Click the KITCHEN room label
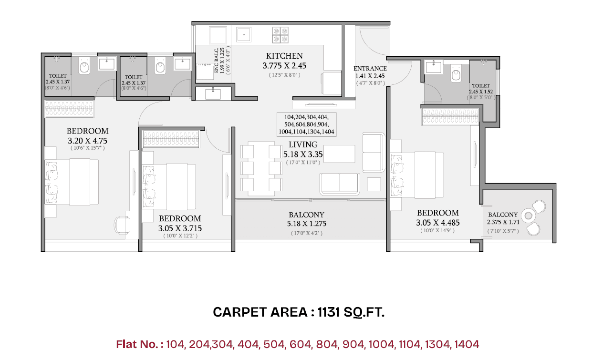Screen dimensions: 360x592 point(284,56)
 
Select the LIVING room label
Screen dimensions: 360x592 point(303,144)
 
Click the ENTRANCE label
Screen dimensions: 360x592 point(370,68)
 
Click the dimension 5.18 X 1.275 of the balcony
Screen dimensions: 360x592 point(307,224)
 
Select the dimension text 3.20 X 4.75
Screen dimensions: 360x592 point(87,140)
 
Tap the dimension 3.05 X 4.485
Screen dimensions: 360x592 point(437,222)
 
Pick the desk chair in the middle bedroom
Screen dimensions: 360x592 point(122,224)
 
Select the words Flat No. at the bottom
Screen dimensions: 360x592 point(140,344)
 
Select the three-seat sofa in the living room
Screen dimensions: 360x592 point(340,184)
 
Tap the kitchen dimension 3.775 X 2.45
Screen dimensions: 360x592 point(284,66)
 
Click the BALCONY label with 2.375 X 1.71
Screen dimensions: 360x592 point(503,215)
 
